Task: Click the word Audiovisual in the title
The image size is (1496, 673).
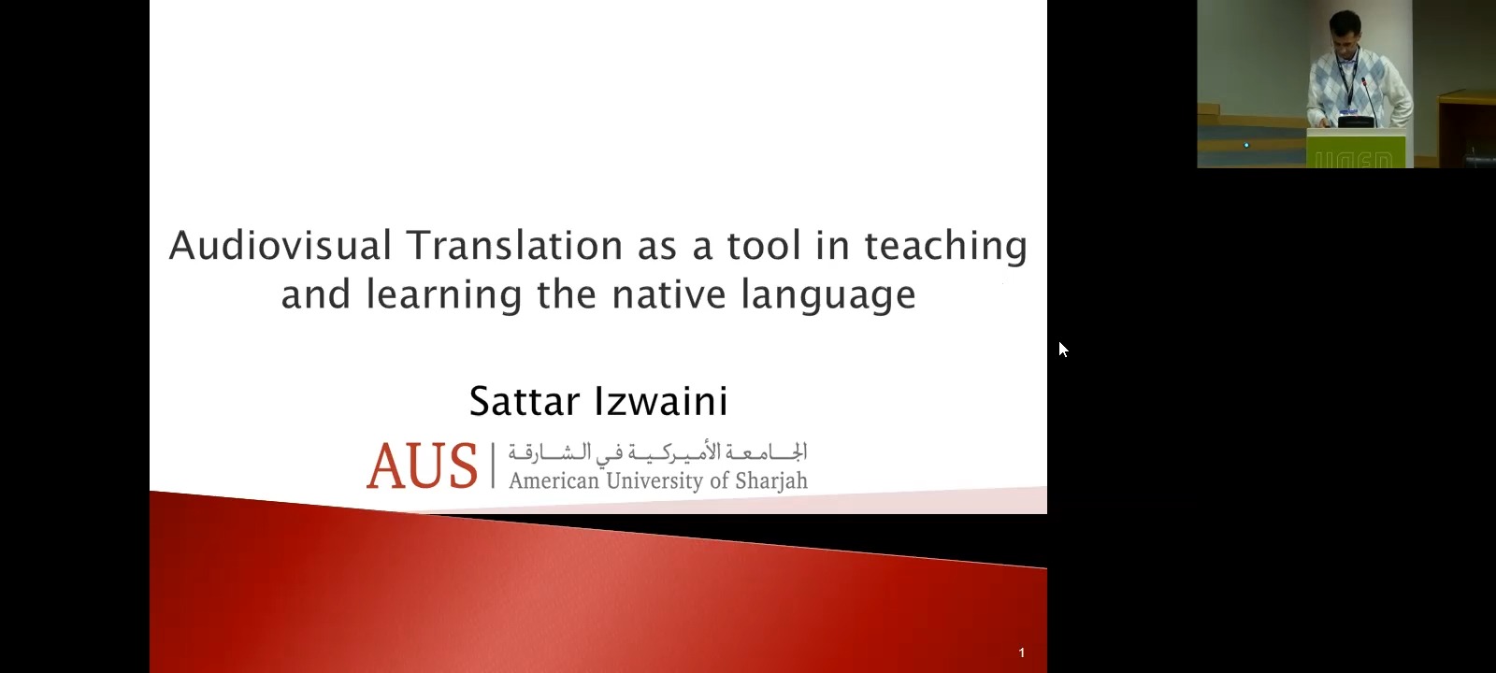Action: click(280, 245)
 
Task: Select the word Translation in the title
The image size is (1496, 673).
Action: click(514, 245)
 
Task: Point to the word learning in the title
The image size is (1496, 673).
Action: click(443, 295)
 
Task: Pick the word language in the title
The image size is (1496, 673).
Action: click(828, 295)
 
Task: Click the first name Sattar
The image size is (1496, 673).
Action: click(525, 401)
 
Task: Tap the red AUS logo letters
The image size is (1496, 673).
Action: click(422, 465)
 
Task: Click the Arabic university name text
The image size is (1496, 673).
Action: click(658, 452)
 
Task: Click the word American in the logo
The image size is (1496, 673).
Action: click(554, 480)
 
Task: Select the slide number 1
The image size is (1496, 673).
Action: click(1022, 653)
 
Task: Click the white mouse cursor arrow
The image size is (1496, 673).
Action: click(1063, 350)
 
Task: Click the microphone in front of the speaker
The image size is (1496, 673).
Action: click(1369, 99)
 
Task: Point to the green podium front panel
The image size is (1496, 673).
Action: click(1356, 149)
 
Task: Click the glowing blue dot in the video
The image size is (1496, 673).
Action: click(1246, 145)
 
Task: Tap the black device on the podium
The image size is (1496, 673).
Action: click(1357, 122)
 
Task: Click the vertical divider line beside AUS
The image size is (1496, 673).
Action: click(494, 465)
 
